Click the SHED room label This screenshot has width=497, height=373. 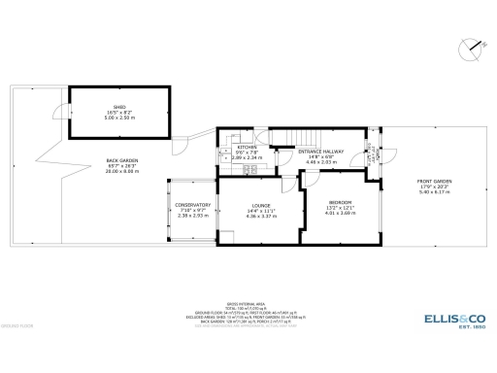(119, 108)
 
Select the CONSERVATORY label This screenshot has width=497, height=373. (192, 205)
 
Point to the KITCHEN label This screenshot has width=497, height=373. (233, 148)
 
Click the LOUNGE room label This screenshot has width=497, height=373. (261, 205)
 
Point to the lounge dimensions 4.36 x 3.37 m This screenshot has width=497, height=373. (261, 216)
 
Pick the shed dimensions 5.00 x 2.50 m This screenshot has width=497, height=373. (119, 119)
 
